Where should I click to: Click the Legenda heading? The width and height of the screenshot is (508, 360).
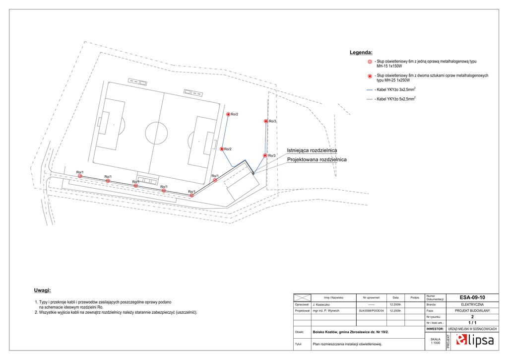click(x=361, y=52)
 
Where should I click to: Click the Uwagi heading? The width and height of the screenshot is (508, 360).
click(x=42, y=290)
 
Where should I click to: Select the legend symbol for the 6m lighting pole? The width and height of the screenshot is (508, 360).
click(x=369, y=62)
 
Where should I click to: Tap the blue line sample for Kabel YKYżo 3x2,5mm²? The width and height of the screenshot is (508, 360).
click(x=369, y=90)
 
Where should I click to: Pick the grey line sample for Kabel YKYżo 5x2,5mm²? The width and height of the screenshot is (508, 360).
click(x=369, y=99)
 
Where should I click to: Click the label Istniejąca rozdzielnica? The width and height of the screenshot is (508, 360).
click(x=312, y=150)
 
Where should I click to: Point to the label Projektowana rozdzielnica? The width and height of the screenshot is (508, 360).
click(x=317, y=159)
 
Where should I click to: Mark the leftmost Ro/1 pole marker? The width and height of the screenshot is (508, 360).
click(x=80, y=176)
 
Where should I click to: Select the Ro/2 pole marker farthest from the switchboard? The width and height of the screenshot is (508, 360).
click(x=228, y=114)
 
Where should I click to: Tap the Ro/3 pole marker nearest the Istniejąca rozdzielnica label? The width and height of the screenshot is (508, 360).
click(x=265, y=155)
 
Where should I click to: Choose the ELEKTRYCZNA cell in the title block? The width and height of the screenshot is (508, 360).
click(x=472, y=304)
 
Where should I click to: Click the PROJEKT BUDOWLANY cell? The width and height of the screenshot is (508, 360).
click(x=472, y=311)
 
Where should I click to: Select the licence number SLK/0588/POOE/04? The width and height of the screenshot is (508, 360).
click(x=372, y=311)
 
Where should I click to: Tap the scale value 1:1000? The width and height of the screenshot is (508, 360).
click(x=435, y=343)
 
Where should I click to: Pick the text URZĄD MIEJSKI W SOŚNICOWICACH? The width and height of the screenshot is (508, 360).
click(x=472, y=329)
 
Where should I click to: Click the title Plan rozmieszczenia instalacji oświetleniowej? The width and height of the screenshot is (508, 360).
click(x=347, y=343)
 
